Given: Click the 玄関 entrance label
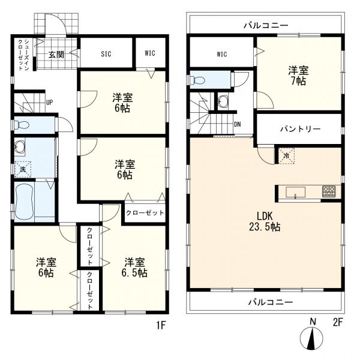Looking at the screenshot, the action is (x=56, y=55).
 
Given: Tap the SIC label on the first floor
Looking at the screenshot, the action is (x=106, y=54).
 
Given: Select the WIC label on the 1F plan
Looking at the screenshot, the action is (x=150, y=53).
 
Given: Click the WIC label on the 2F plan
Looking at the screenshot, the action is (x=221, y=54).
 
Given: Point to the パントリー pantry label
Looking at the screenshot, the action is (x=300, y=129).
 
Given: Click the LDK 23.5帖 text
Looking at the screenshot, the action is (x=265, y=221).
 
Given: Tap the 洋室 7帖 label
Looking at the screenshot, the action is (x=298, y=76).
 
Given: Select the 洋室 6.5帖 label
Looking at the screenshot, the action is (x=134, y=267).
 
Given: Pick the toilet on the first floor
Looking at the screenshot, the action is (x=22, y=125).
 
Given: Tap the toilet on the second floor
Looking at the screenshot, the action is (x=197, y=80).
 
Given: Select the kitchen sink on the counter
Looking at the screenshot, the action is (x=295, y=192).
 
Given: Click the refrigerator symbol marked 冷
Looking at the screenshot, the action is (x=286, y=156).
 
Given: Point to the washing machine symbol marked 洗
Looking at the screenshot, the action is (x=23, y=169).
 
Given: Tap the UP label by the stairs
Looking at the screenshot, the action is (x=49, y=103).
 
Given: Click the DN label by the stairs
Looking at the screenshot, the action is (x=238, y=124).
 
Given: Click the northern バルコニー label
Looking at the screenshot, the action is (x=266, y=25).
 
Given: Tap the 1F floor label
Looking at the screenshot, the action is (x=161, y=325).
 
